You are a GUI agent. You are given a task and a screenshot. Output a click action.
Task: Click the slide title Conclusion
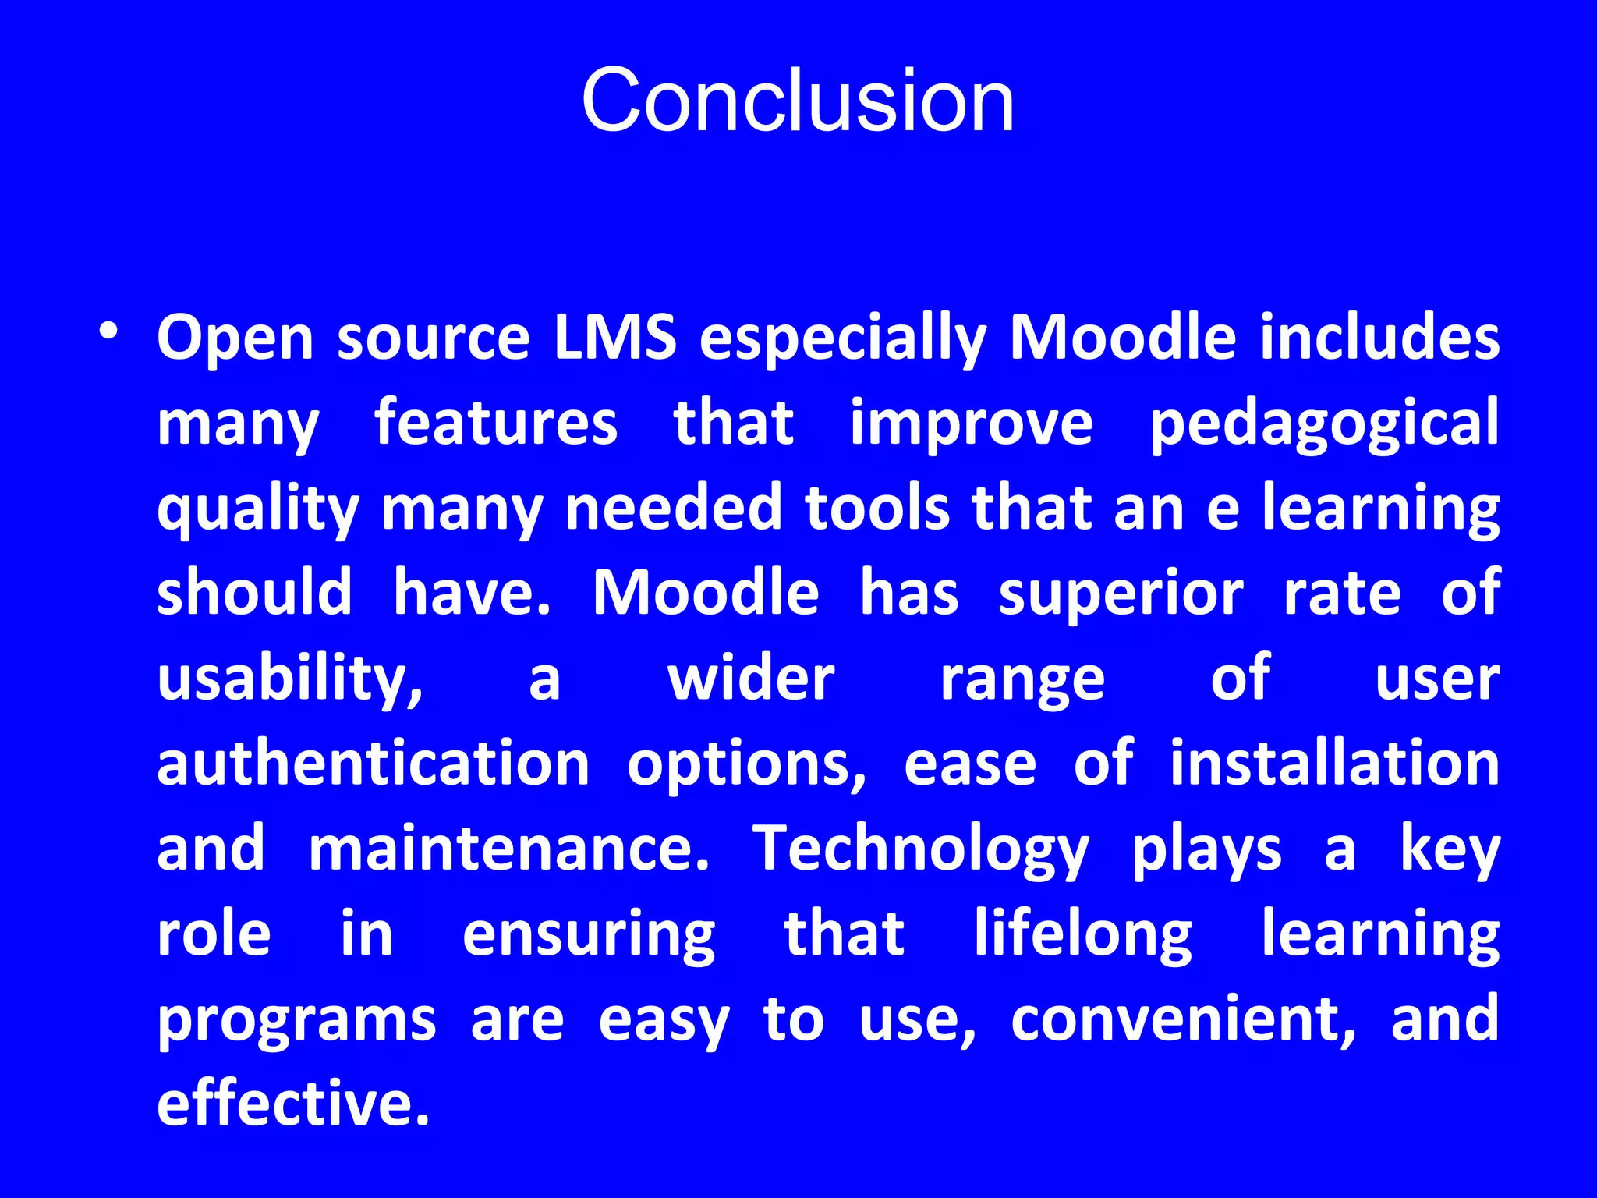[x=798, y=101]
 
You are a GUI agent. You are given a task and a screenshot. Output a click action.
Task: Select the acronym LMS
[x=615, y=338]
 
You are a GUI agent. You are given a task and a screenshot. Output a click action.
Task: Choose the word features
[x=496, y=423]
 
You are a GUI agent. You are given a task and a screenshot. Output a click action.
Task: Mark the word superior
[x=1121, y=594]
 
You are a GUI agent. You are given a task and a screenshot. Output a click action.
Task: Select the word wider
[x=751, y=679]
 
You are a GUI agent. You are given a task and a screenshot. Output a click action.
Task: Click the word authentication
[x=374, y=764]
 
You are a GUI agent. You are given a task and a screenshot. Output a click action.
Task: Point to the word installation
[x=1334, y=764]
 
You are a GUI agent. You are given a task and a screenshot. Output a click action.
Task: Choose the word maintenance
[x=509, y=849]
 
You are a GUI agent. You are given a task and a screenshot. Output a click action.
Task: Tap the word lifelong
[x=1083, y=935]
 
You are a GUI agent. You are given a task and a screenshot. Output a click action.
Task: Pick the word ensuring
[x=589, y=935]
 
